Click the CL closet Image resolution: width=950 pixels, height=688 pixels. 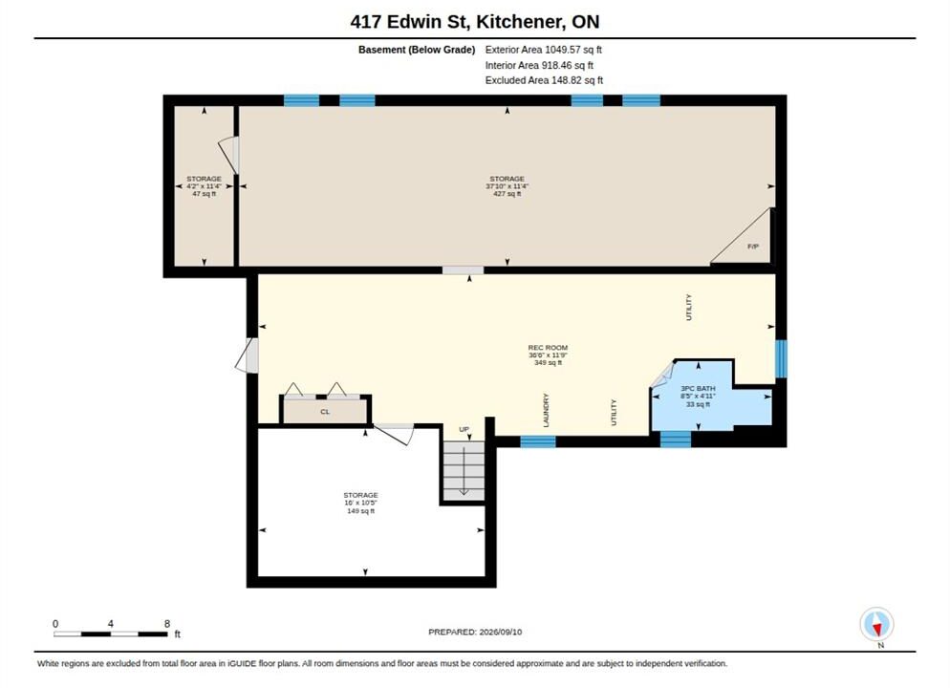(x=325, y=412)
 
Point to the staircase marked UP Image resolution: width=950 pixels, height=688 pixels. (x=464, y=471)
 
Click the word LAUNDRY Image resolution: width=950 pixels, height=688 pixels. (x=546, y=410)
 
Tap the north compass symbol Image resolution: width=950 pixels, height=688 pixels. (x=876, y=625)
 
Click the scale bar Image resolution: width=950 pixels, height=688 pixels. (x=111, y=634)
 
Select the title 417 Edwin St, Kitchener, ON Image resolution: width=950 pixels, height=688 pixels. (x=474, y=22)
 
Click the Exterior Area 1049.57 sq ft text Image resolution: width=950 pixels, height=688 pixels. (x=544, y=50)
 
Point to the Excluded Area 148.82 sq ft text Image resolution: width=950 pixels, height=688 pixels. (x=544, y=80)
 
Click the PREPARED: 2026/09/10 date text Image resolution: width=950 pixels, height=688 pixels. (x=475, y=632)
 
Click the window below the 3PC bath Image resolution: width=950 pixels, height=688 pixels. (x=675, y=439)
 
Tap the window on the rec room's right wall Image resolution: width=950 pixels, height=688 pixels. (x=781, y=358)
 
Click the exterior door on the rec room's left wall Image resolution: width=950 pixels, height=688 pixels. (x=248, y=355)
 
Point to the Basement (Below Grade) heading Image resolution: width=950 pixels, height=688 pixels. (x=417, y=50)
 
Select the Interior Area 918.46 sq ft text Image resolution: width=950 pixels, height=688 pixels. (x=539, y=65)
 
